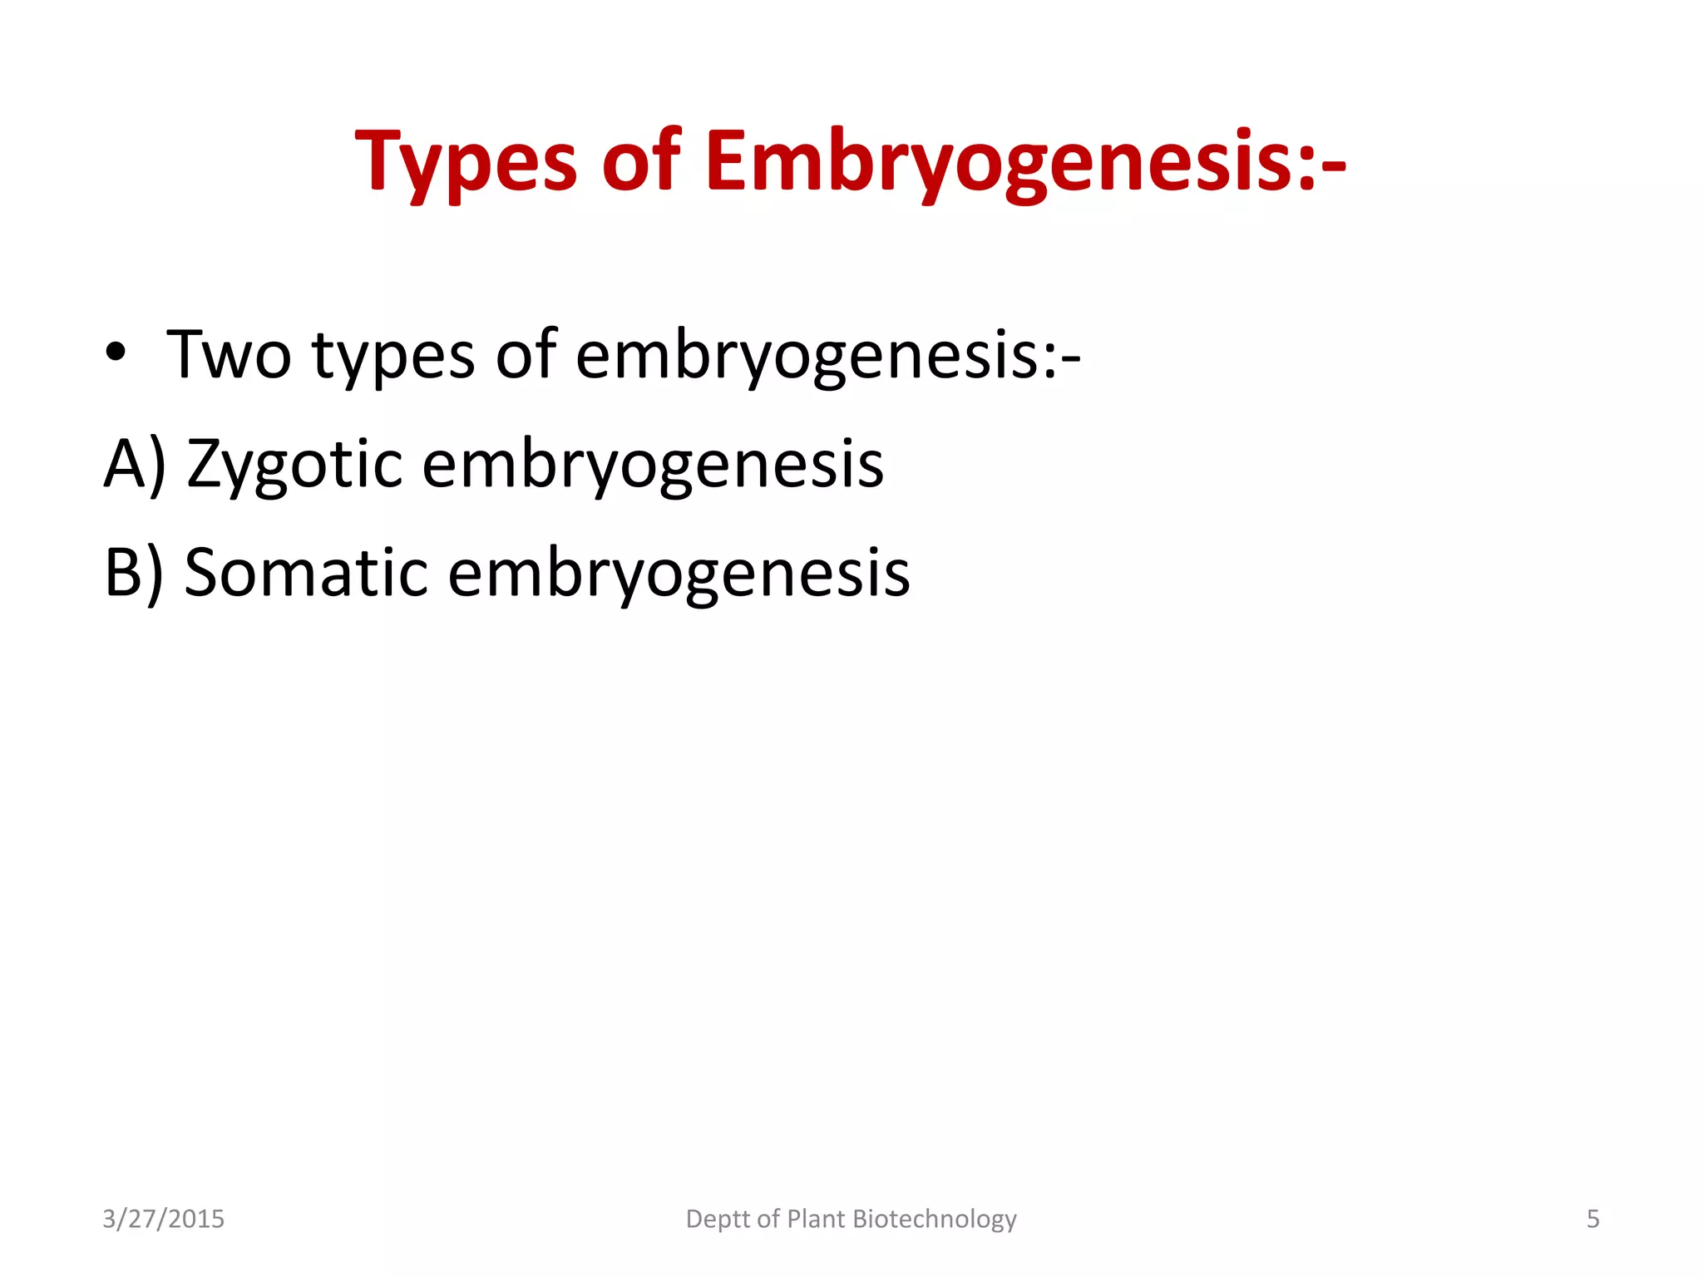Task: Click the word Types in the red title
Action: pyautogui.click(x=466, y=162)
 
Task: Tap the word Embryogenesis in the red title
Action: pyautogui.click(x=998, y=162)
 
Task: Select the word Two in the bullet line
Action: pyautogui.click(x=230, y=355)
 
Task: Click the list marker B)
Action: pyautogui.click(x=133, y=573)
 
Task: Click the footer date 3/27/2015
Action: pyautogui.click(x=163, y=1219)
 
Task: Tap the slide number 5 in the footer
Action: pyautogui.click(x=1592, y=1219)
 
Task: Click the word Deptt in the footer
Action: pyautogui.click(x=718, y=1220)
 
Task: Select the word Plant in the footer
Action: pyautogui.click(x=816, y=1219)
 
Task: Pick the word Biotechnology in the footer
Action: pyautogui.click(x=935, y=1220)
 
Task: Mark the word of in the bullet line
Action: pyautogui.click(x=526, y=355)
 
